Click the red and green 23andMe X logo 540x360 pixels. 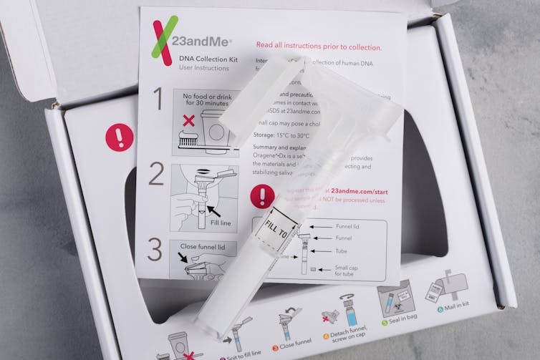[164, 41]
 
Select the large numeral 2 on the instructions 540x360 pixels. [156, 174]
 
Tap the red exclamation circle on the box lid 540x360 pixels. [119, 137]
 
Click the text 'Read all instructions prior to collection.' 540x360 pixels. [319, 47]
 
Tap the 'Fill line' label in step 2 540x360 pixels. [221, 222]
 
